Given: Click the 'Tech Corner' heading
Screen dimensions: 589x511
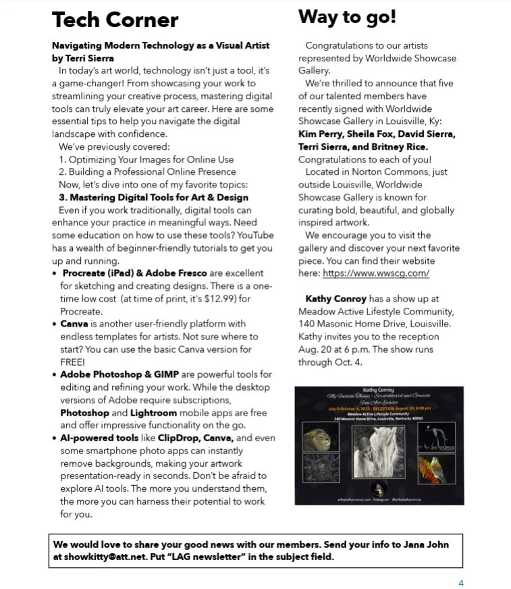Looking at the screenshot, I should coord(115,20).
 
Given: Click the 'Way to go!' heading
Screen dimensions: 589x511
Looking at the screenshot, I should coord(347,17).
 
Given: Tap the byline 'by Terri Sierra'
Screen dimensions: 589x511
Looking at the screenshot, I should coord(83,58).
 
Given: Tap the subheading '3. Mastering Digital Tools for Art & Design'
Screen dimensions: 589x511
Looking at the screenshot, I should coord(153,197).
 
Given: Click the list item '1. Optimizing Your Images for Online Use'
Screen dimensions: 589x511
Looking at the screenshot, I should coord(146,159).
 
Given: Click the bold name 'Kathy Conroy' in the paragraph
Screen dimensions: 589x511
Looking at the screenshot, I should coord(335,298).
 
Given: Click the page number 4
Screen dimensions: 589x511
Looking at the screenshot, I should coord(461,583).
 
